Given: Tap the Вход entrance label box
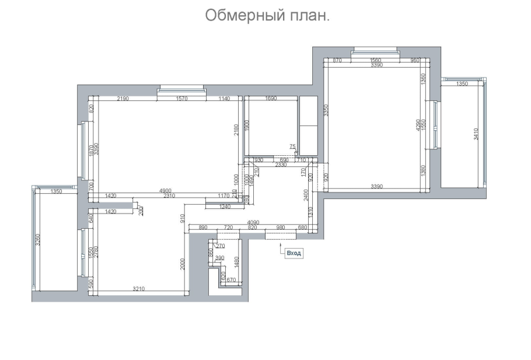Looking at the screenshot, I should coord(293,253).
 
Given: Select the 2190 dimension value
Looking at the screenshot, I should coord(123,99).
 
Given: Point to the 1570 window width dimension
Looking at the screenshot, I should coord(181,99).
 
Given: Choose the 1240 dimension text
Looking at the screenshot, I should coord(224,207).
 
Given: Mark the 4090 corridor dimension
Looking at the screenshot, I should coord(254,222).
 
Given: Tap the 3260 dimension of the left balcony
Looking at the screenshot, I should coord(38,240).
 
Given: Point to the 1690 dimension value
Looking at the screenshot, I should coord(271,99).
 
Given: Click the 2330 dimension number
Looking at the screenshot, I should coord(281,165).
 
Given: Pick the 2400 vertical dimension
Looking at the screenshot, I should coord(305,195).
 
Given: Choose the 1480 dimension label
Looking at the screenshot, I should coord(237,263).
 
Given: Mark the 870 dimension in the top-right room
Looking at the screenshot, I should coord(337,61).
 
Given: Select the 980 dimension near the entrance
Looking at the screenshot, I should coord(280,227).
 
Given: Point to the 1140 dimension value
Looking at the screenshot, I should coord(225,99).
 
